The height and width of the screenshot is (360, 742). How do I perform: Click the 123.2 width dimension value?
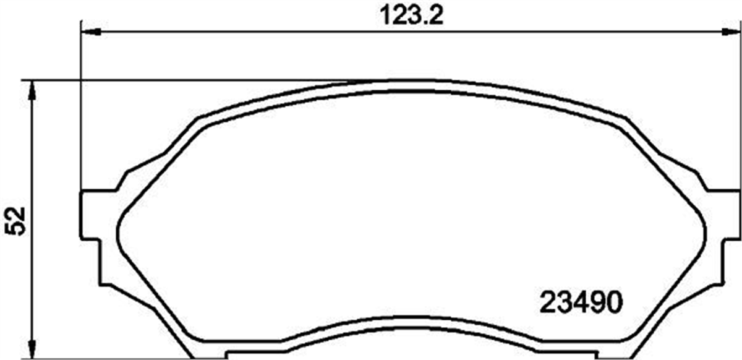(x=411, y=15)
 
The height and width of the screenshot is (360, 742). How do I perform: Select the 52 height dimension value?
(x=17, y=221)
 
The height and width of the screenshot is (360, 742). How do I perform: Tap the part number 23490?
(x=581, y=302)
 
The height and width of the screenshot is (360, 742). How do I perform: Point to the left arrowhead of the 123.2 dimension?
(x=90, y=32)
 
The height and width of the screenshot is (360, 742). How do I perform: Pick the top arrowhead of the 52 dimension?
(x=32, y=90)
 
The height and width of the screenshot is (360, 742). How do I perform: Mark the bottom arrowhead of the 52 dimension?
(x=32, y=349)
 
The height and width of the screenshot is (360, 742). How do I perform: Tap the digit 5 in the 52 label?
(x=17, y=229)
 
